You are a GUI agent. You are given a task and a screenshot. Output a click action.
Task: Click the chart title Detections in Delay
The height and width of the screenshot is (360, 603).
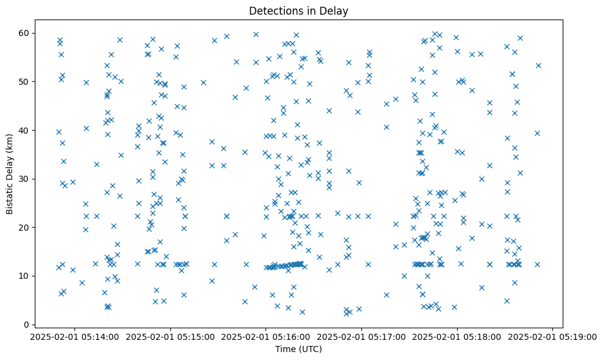298,10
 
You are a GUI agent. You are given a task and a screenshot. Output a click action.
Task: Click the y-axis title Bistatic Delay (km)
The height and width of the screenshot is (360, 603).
10,174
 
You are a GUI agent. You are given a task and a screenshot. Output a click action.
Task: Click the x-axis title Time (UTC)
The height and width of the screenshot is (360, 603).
298,350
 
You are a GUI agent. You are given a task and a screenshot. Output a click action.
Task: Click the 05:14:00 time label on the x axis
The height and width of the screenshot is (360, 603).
75,336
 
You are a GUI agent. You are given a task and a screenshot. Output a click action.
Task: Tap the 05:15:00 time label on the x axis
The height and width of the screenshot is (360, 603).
170,336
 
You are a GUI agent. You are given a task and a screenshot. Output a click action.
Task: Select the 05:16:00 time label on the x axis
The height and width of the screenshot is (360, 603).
266,336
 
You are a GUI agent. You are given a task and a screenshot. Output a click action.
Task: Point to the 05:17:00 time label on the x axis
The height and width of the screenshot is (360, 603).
361,336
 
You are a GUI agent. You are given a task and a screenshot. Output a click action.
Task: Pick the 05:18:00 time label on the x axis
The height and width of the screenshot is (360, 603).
457,336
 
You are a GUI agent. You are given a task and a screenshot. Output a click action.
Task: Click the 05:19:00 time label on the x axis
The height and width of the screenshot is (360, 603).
553,336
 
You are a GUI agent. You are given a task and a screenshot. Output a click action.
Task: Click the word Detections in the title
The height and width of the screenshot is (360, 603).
275,10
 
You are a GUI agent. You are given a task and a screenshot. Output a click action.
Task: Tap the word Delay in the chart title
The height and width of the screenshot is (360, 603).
335,10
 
